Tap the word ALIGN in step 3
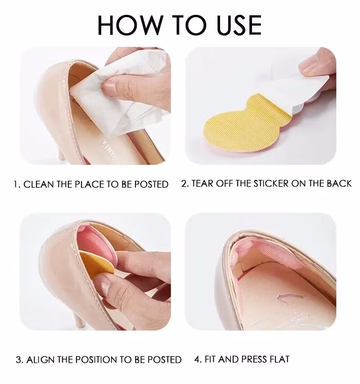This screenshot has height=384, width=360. tap(40, 360)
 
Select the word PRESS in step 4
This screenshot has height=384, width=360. tap(254, 359)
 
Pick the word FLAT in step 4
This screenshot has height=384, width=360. tap(279, 359)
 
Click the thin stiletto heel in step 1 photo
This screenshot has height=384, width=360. tap(61, 155)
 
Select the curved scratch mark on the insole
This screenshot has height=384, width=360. tap(289, 297)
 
